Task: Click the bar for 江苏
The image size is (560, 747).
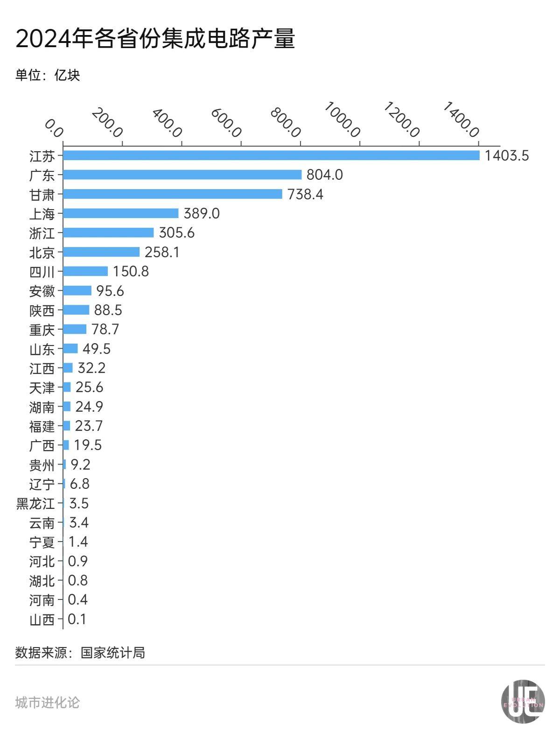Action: (271, 155)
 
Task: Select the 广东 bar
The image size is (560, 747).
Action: (182, 175)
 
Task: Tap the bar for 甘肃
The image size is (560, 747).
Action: (173, 194)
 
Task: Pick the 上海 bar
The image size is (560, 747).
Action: (121, 213)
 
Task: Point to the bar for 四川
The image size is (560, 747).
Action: (85, 271)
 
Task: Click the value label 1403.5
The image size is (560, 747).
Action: (506, 155)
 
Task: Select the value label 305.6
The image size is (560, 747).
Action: (176, 233)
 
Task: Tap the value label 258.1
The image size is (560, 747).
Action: (162, 252)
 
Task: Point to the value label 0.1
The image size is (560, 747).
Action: (77, 620)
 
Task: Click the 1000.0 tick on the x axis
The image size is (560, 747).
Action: (342, 120)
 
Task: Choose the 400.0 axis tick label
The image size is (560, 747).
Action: (167, 123)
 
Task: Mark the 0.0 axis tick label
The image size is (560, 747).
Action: (54, 128)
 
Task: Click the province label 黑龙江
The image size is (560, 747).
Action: (35, 504)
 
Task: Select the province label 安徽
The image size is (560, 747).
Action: (42, 291)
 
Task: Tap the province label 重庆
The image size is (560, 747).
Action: (42, 330)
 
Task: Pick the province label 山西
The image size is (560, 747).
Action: (42, 620)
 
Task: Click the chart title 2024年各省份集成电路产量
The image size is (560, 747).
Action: (155, 39)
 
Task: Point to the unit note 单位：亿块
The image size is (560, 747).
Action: (48, 75)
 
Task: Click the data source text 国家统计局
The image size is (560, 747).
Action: (112, 652)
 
